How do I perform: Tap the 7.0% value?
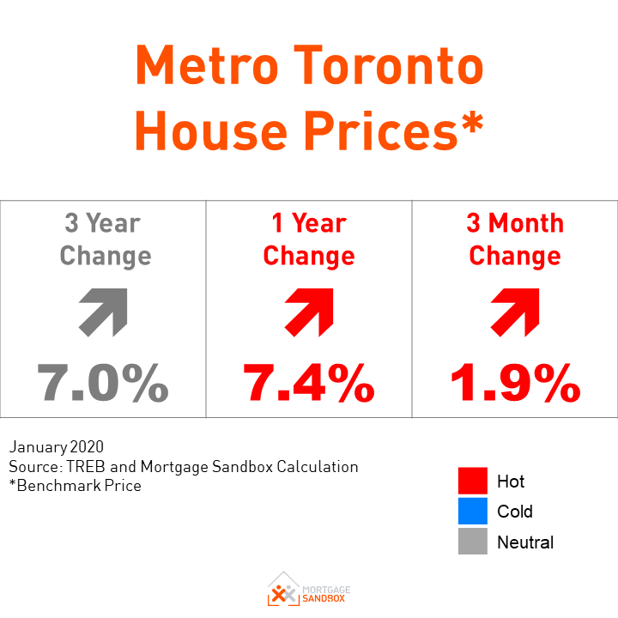coord(103,383)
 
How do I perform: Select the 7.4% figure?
coord(309,383)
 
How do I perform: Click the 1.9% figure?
coord(515,383)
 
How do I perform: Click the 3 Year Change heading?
coord(105,239)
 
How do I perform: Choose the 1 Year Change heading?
coord(309,239)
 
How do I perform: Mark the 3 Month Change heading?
coord(515,239)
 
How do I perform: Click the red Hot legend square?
coord(473,482)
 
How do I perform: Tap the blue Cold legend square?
coord(473,512)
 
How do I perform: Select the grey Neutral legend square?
coord(473,542)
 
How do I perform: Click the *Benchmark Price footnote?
coord(76,485)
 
